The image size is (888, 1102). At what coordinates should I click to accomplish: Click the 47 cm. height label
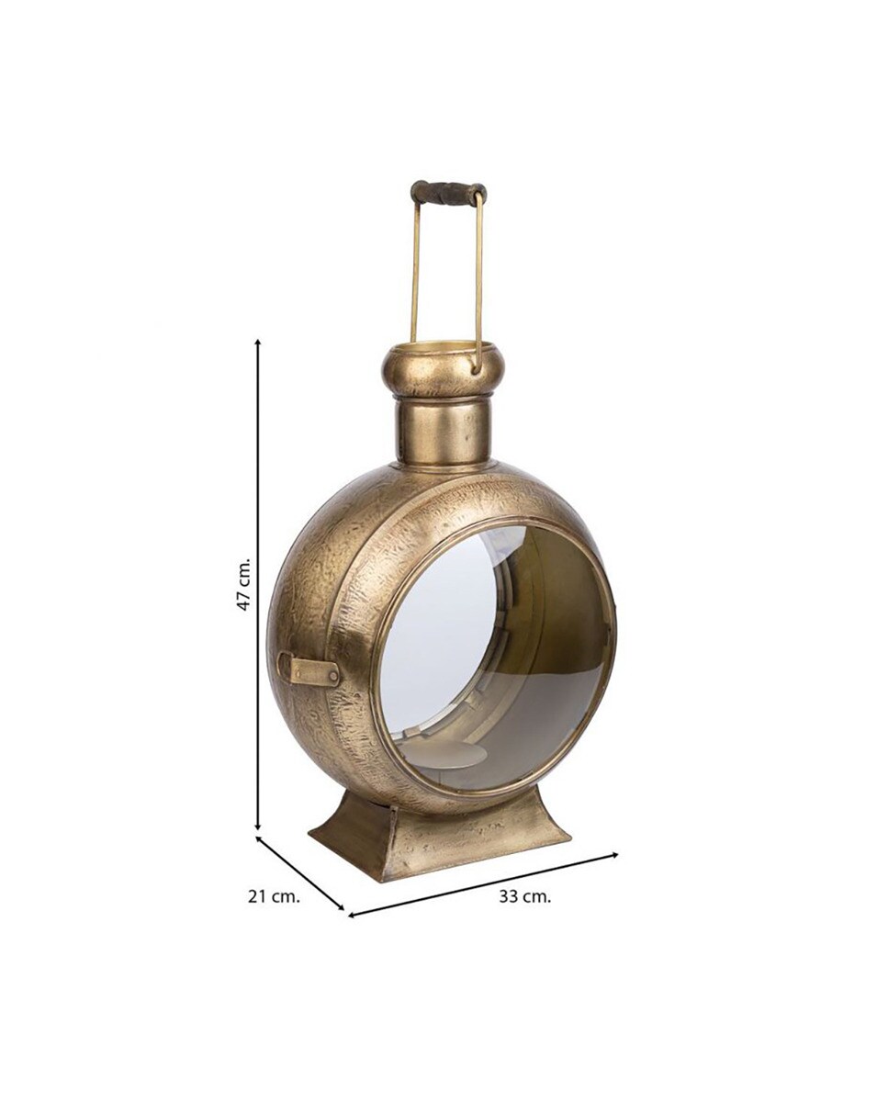tap(243, 585)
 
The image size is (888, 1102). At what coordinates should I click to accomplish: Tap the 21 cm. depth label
tap(274, 896)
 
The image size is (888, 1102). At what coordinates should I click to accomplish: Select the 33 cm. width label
tap(525, 897)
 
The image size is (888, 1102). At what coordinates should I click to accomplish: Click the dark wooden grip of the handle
tap(448, 193)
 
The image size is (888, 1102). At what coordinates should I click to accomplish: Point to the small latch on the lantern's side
tap(309, 669)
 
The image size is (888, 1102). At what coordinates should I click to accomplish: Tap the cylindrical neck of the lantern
tap(444, 433)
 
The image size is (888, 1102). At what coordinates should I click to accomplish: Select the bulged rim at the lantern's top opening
tap(443, 369)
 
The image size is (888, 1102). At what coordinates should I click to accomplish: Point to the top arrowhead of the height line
tap(258, 343)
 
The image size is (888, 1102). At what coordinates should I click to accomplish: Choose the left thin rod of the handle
tap(414, 272)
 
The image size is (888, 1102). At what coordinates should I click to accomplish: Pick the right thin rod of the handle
tap(478, 275)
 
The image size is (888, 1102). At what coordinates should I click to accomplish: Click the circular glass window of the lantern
tap(496, 657)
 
